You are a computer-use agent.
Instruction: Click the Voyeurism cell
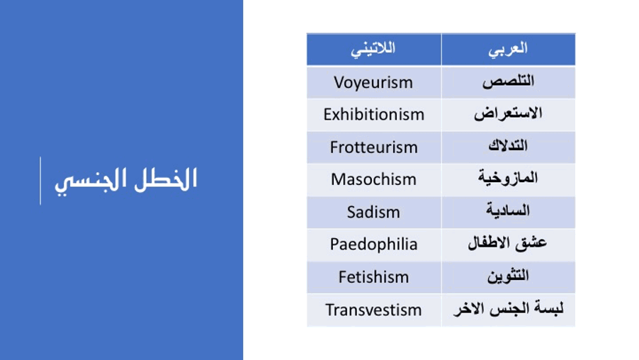pos(374,82)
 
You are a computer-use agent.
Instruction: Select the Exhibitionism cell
pos(374,115)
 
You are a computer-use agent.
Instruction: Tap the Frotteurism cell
pos(374,147)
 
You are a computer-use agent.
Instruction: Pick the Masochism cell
pos(374,180)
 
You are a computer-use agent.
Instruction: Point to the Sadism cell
pos(374,213)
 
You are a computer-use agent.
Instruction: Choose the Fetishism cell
pos(374,277)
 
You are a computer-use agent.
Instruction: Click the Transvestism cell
pos(374,310)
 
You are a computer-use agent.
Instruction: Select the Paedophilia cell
pos(374,244)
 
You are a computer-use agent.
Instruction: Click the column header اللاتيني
pos(374,50)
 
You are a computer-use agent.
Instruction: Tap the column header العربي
pos(508,50)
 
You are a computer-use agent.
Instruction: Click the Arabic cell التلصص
pos(508,82)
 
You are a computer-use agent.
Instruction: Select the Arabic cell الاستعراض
pos(508,115)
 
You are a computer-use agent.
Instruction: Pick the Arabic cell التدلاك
pos(508,147)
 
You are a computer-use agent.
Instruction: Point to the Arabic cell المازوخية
pos(508,180)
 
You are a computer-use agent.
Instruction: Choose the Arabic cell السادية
pos(508,213)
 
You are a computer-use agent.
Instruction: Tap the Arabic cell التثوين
pos(508,277)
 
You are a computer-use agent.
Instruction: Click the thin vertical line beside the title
pos(40,181)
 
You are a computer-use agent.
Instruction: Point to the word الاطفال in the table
pos(489,243)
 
